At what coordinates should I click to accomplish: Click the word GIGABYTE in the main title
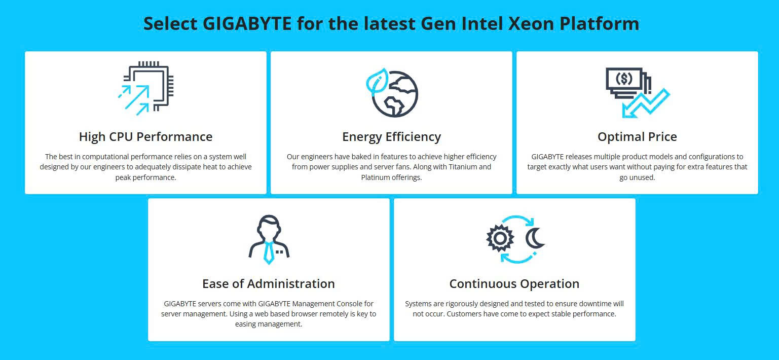(247, 24)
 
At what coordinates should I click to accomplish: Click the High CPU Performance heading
(146, 137)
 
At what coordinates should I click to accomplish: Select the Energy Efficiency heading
(392, 137)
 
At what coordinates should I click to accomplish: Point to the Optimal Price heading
(637, 137)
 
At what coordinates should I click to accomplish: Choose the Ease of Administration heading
(269, 284)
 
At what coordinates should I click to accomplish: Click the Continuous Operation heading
(514, 284)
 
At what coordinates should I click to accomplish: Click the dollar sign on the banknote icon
(624, 79)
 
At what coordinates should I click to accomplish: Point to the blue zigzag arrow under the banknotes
(646, 103)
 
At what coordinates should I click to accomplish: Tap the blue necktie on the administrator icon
(269, 253)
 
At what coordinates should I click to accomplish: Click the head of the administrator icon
(269, 228)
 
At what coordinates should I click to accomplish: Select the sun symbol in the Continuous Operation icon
(500, 238)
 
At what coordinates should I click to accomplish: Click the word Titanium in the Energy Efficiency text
(463, 167)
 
